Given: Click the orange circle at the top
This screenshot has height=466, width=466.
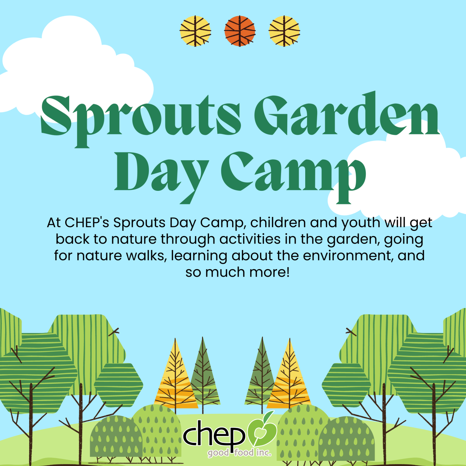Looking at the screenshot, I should pos(240,31).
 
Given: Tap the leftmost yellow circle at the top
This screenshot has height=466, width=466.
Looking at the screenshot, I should pos(195,31).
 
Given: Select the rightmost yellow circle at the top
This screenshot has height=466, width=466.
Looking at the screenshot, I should pos(284,31).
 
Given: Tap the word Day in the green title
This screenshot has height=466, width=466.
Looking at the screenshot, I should pos(161,173).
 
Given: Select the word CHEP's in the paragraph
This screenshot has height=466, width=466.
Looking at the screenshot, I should pos(87,223).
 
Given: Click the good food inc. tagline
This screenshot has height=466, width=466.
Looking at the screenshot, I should pos(239,453).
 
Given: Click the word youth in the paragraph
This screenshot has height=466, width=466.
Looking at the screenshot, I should pos(361,223).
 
